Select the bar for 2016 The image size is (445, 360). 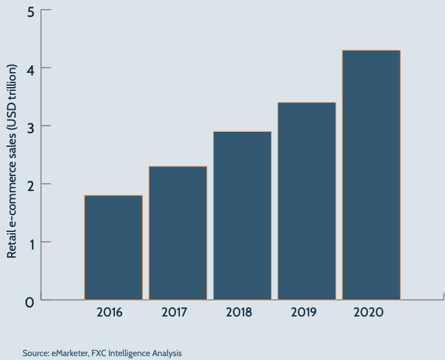point(114,248)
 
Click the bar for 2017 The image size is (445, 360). point(178,233)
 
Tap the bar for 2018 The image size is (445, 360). point(242,216)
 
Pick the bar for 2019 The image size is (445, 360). point(307,201)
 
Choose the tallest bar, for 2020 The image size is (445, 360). point(371,175)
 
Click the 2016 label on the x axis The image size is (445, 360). point(110,313)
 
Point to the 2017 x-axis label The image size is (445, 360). point(174,313)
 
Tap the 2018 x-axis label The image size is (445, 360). point(239,313)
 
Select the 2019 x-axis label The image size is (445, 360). point(303,313)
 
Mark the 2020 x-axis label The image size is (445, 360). point(368,313)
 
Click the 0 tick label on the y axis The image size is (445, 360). point(28,302)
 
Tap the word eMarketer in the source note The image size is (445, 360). point(71,354)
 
